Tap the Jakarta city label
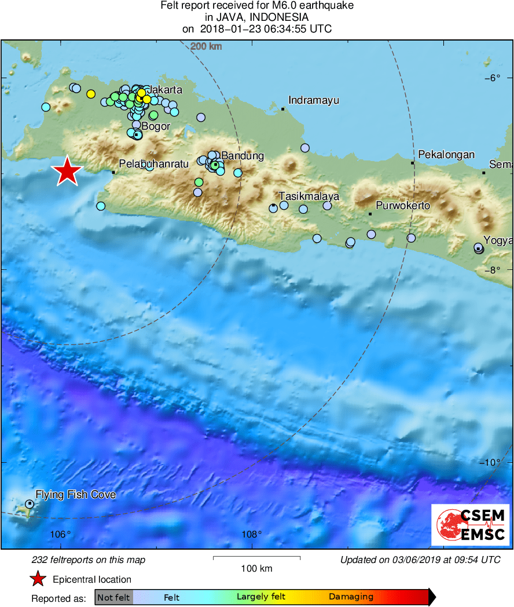164,90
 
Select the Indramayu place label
313,100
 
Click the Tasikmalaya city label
309,196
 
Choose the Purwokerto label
403,206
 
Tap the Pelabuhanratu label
154,164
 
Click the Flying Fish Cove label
76,495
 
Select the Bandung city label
243,156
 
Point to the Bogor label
156,126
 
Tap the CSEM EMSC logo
470,525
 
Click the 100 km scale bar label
256,568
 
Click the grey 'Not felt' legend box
113,597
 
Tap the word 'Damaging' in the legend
351,597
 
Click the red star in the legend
38,579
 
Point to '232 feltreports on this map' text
88,560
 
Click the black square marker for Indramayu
283,109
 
